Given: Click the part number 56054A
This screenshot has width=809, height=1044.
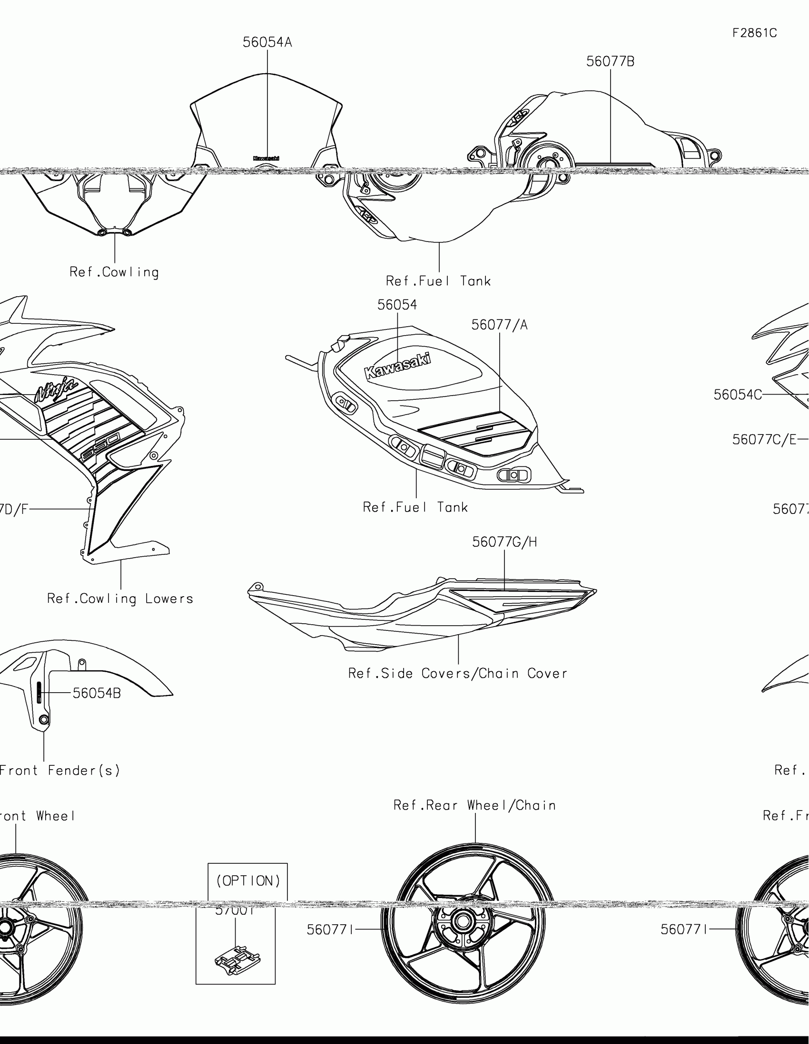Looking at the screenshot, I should [x=267, y=42].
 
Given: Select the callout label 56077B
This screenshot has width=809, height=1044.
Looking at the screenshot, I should [x=610, y=62].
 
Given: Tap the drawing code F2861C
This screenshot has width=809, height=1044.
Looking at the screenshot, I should [x=754, y=33].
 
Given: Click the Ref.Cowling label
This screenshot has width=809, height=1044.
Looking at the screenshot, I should [x=114, y=272].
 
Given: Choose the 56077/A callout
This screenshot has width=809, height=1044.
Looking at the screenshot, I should [x=499, y=325].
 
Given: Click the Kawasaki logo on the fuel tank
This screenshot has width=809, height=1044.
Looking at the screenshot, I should [x=397, y=366].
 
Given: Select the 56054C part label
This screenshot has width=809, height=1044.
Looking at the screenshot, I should [x=737, y=395].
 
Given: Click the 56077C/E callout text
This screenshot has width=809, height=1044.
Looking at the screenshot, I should [x=764, y=440].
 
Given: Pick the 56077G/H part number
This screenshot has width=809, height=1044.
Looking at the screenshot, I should [x=504, y=542].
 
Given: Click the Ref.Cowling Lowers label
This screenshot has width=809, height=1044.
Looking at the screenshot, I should [x=120, y=599].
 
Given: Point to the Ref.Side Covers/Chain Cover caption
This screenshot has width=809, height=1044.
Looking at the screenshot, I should [x=457, y=674].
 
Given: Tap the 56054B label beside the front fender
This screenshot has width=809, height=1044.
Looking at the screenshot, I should [x=97, y=693].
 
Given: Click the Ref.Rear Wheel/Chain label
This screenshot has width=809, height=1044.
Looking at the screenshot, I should [x=474, y=805].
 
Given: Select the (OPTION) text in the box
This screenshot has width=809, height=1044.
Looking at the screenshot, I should [x=248, y=881].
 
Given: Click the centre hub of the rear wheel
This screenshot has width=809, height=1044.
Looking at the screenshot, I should [x=463, y=921].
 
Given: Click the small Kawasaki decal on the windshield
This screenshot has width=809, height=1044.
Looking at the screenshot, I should [x=266, y=158].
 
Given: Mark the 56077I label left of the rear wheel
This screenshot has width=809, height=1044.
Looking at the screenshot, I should [x=330, y=930].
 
